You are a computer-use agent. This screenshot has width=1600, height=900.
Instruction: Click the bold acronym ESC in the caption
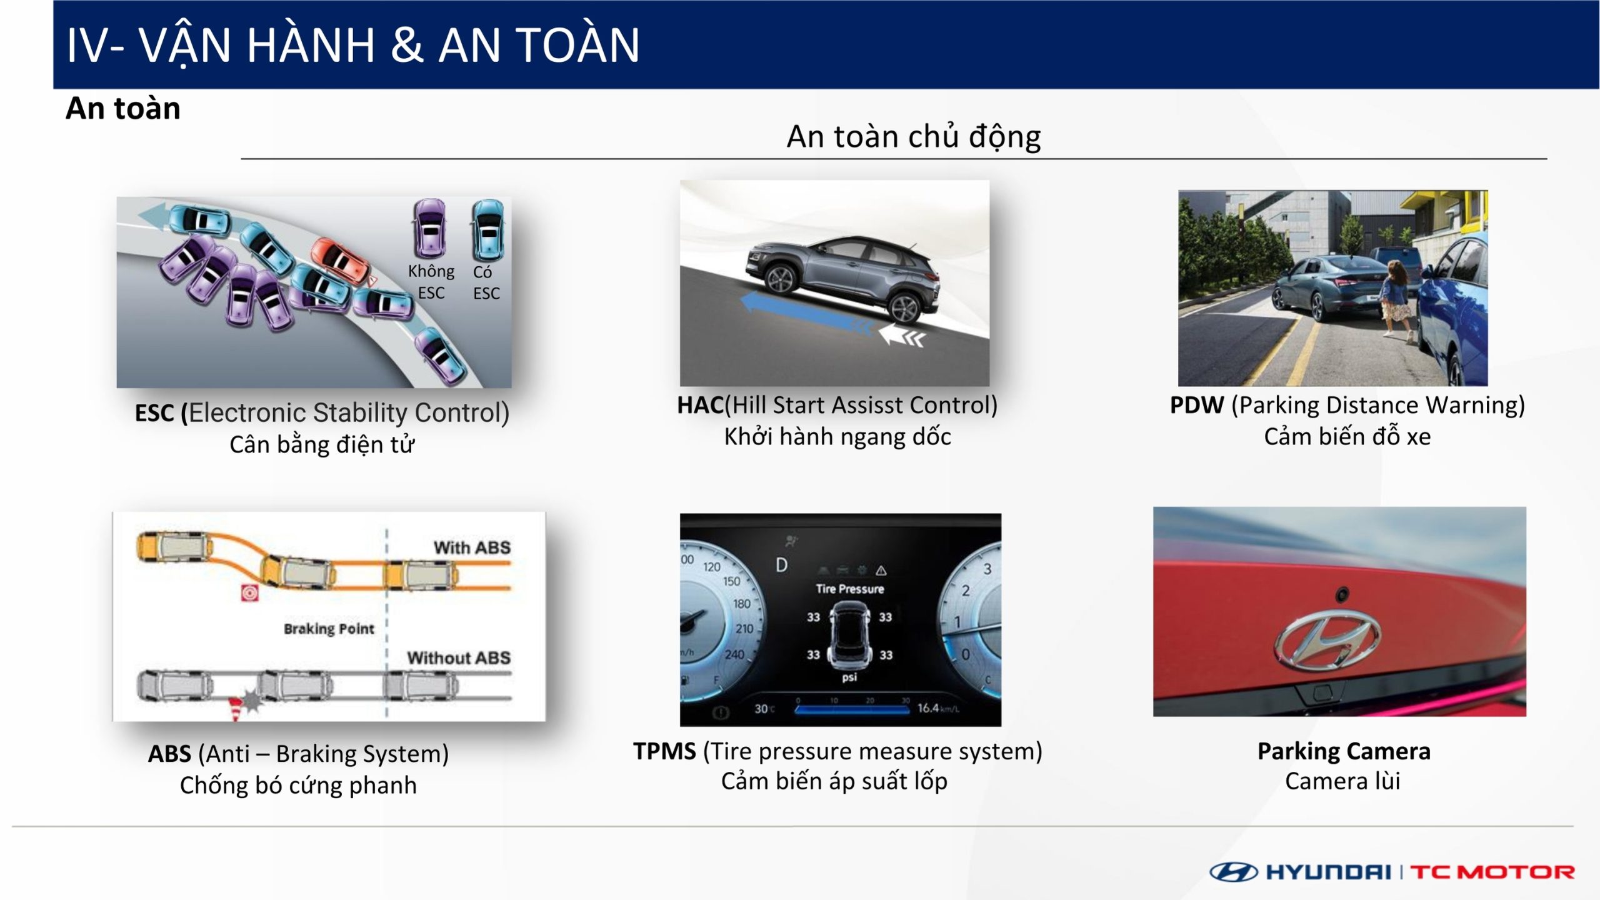[x=154, y=413]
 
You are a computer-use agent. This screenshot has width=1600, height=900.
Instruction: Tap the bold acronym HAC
[x=701, y=405]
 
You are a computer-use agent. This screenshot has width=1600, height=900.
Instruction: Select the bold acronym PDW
[x=1196, y=405]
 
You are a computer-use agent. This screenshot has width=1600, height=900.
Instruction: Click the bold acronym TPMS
[x=664, y=751]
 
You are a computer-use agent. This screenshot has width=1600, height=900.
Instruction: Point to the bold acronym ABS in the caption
[x=169, y=754]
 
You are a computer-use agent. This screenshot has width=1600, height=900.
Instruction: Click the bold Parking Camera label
[x=1344, y=751]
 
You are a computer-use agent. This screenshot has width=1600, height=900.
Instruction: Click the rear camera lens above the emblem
[x=1342, y=594]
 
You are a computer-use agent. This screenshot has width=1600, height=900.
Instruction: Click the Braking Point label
[x=329, y=629]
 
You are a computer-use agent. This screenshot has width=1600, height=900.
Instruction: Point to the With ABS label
[x=472, y=547]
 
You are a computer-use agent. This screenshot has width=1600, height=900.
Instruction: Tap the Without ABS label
[x=459, y=657]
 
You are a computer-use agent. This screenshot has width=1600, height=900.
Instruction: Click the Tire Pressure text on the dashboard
[x=850, y=589]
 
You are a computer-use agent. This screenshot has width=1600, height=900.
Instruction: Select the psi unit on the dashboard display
[x=849, y=677]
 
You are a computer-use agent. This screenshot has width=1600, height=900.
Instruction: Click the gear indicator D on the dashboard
[x=781, y=565]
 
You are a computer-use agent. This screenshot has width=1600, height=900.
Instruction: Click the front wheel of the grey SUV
[x=780, y=279]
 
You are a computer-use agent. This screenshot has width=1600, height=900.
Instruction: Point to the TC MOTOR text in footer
[x=1492, y=872]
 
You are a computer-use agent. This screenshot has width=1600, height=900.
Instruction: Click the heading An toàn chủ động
[x=914, y=136]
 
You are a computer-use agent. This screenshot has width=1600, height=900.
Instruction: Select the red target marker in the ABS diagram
[x=249, y=592]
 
